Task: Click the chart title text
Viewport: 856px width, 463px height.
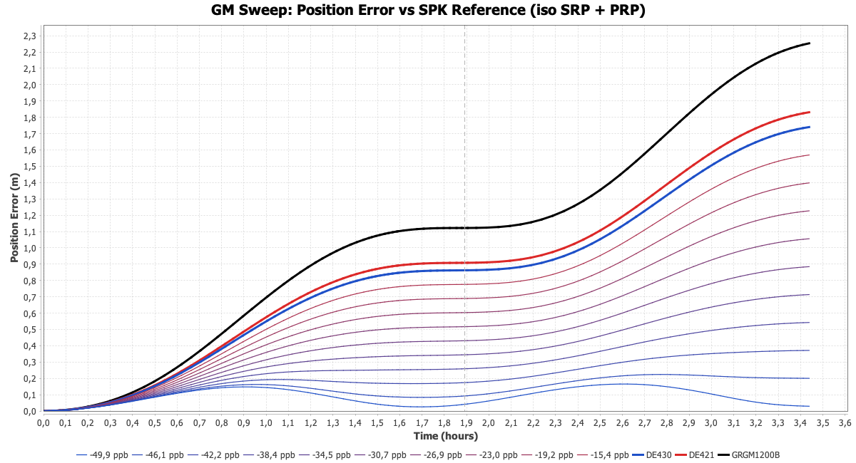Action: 428,11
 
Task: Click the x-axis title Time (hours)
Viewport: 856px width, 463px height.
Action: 445,436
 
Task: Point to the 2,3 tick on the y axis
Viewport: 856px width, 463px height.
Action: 30,36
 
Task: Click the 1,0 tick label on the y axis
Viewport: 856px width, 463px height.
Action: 30,248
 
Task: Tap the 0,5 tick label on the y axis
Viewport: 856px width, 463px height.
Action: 30,330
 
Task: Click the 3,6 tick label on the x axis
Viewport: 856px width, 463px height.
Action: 845,422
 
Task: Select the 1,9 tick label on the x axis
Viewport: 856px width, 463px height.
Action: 467,422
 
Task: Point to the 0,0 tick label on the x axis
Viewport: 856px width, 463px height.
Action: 44,422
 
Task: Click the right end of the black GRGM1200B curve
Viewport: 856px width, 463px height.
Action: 810,43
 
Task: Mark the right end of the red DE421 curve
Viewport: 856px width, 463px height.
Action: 810,112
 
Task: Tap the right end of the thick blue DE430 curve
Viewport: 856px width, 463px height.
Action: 810,127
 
